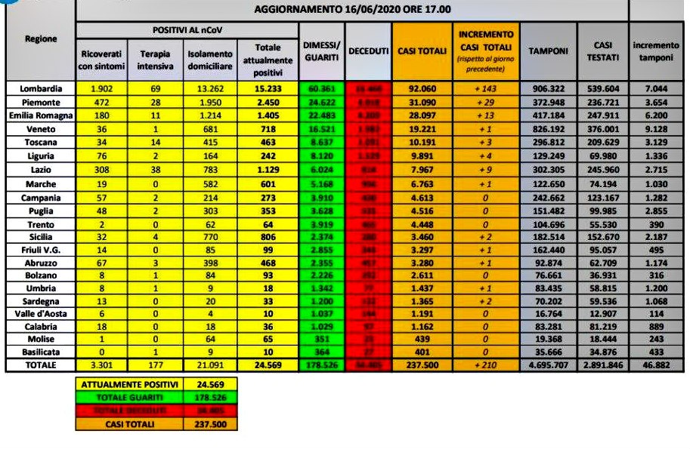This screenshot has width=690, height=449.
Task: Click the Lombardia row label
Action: [x=41, y=88]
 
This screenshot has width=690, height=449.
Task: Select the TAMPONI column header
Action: [x=549, y=51]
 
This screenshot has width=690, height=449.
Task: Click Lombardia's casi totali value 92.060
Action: [x=421, y=88]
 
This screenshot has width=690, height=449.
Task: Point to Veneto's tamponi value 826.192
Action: [x=549, y=129]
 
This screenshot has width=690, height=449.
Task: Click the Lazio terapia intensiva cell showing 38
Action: [x=155, y=170]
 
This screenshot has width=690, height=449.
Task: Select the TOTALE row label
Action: [x=41, y=365]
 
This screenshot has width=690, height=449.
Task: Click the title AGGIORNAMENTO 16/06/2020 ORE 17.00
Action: [x=352, y=10]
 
